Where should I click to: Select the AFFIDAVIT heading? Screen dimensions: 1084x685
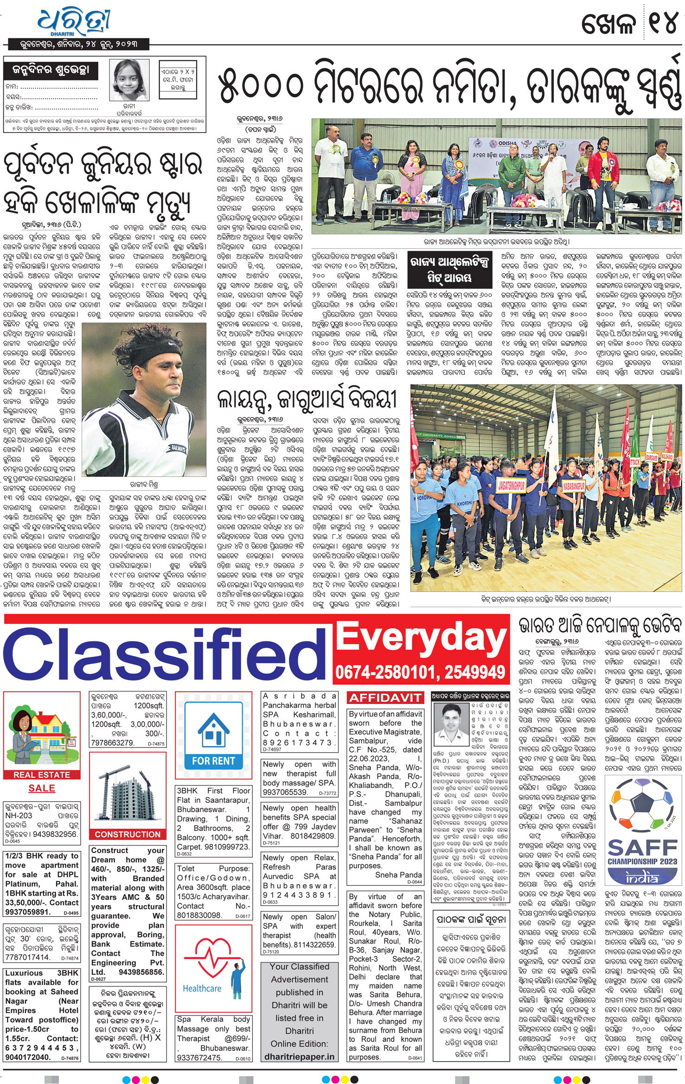(x=385, y=698)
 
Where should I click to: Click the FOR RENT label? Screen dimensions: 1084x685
(x=213, y=761)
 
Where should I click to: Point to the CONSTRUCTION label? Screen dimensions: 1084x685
(x=128, y=834)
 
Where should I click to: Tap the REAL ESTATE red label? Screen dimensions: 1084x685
(x=42, y=775)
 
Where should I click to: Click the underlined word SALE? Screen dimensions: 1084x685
(x=42, y=788)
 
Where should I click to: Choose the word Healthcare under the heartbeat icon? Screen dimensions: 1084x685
(x=202, y=989)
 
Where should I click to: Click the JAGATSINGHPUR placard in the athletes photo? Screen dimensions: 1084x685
(x=518, y=485)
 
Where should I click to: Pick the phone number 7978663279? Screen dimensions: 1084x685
(x=113, y=742)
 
